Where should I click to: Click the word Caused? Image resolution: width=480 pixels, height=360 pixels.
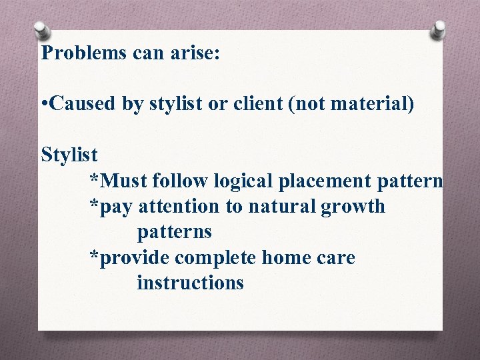point(84,103)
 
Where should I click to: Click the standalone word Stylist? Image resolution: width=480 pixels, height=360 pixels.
point(69,155)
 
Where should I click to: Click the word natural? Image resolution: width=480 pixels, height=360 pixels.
point(283,207)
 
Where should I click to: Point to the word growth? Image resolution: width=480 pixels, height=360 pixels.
point(353,207)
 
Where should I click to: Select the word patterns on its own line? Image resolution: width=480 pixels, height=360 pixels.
point(175,233)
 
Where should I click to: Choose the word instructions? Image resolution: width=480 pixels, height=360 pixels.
point(191,283)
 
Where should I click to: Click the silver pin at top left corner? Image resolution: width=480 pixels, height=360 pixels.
point(41,31)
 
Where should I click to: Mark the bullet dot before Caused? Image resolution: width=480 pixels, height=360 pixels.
point(44,105)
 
